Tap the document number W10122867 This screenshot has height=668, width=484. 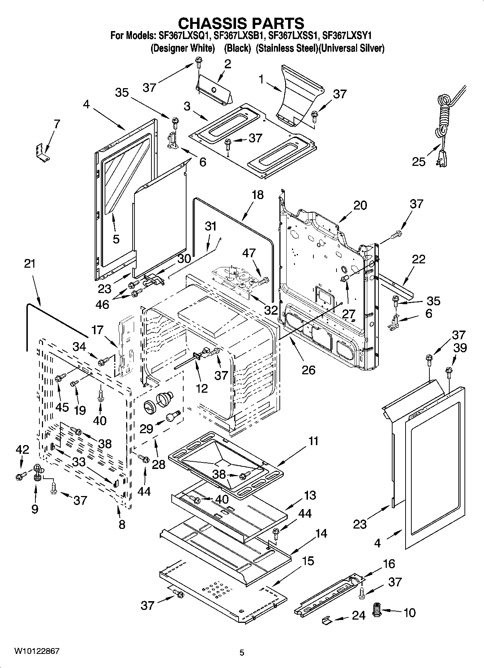pos(37,651)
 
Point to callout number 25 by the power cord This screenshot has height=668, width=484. pos(419,161)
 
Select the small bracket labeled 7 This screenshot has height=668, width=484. pos(43,152)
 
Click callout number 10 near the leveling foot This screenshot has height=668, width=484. pos(409,613)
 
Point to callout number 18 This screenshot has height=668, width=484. pos(257,195)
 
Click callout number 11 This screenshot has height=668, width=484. pos(313,441)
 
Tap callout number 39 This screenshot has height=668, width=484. pos(460,348)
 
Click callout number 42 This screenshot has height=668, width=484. pos(22,450)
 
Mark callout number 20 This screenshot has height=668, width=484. pos(360,205)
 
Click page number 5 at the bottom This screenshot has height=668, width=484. pos(242,652)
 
